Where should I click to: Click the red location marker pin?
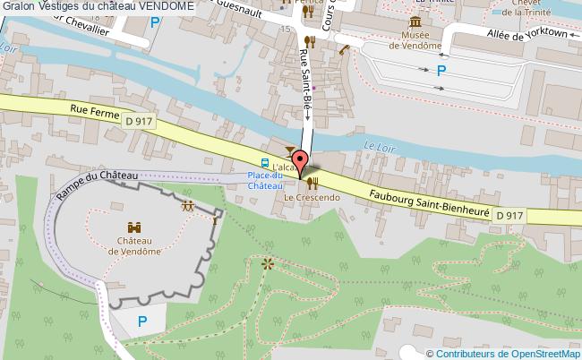(301, 164)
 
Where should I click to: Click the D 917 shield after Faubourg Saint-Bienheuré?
(509, 215)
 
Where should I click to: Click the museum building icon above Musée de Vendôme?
(415, 21)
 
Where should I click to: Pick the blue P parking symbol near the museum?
(440, 71)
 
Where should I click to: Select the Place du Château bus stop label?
(265, 180)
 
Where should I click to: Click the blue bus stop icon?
(264, 163)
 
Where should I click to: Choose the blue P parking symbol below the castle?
(141, 321)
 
